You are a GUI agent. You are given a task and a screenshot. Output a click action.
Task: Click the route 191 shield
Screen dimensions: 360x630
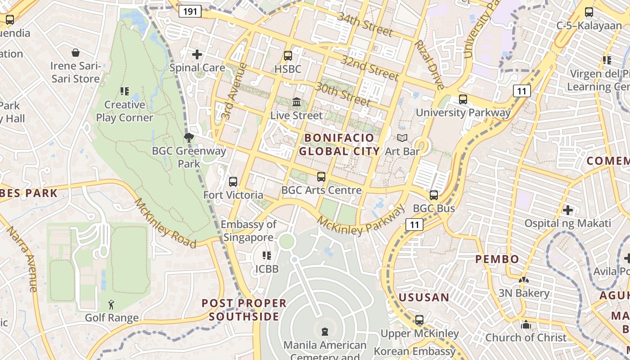pos(190,11)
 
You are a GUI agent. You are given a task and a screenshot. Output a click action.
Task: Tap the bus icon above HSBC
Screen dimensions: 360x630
pos(288,56)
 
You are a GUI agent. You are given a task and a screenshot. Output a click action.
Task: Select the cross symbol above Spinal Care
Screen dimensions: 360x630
pos(197,54)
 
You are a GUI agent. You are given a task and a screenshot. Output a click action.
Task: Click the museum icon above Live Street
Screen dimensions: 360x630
pos(297,102)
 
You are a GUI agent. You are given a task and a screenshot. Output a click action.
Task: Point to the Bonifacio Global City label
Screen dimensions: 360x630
pos(339,144)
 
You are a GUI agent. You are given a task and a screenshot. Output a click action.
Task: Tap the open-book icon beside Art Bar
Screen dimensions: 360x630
pos(402,138)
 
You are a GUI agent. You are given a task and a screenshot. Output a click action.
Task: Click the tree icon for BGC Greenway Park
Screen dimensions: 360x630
pos(189,138)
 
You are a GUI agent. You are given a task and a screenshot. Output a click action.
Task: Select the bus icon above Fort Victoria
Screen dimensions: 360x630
pos(233,182)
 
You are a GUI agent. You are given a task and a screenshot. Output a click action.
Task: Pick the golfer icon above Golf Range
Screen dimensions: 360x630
pos(112,305)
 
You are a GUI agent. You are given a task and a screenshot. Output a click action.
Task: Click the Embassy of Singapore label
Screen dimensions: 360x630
pos(248,231)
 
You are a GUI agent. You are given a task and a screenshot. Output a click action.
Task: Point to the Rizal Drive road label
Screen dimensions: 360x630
pos(430,64)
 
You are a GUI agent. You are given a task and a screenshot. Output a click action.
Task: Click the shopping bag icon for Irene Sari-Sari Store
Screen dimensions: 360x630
pos(76,53)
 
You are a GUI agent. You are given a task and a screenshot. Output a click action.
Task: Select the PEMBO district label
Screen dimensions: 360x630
pos(497,259)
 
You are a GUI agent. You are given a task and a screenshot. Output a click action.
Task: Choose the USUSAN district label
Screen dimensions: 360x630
pos(424,297)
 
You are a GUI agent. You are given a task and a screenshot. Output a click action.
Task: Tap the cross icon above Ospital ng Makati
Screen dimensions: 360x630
pos(568,210)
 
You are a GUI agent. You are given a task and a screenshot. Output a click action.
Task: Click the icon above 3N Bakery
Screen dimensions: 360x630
pos(523,280)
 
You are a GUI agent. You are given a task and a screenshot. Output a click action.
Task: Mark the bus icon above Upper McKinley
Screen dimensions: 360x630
pos(419,320)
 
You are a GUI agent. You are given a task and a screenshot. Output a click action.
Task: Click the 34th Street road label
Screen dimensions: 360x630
pos(365,24)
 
